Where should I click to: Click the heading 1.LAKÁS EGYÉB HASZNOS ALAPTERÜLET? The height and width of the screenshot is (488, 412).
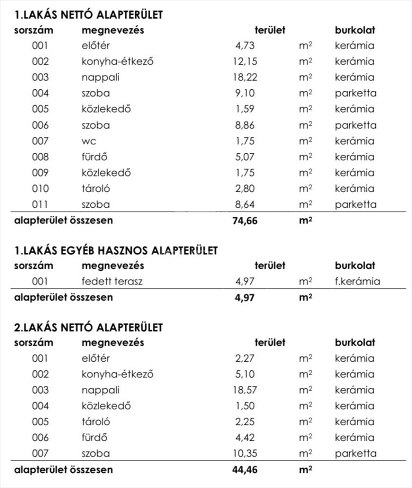pos(116,250)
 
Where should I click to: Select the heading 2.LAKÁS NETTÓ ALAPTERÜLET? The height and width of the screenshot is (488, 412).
pos(88,327)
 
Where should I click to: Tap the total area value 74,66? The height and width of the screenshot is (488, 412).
pos(245,220)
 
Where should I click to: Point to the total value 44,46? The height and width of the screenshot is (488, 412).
pos(245,470)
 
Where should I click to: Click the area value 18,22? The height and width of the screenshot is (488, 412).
pos(245,77)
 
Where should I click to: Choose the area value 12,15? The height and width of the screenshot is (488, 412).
pos(245,61)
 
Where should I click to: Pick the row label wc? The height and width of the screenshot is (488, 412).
pos(89,141)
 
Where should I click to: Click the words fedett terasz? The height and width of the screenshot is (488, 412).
pos(112,282)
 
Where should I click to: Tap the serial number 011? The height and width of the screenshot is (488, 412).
pos(40,204)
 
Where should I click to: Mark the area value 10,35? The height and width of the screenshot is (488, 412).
pos(245,453)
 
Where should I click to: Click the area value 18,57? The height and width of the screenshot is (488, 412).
pos(245,390)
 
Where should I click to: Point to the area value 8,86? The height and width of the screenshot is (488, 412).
pos(245,125)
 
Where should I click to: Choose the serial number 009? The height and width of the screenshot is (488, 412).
pos(40,173)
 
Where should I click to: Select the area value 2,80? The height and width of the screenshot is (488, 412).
pos(245,188)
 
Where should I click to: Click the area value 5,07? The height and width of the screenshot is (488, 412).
pos(245,157)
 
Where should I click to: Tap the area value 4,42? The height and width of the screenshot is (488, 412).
pos(245,437)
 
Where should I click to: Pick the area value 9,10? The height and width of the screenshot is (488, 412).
pos(245,93)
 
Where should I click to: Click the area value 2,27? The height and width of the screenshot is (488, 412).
pos(245,359)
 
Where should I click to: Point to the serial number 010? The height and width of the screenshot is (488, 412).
pos(40,188)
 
